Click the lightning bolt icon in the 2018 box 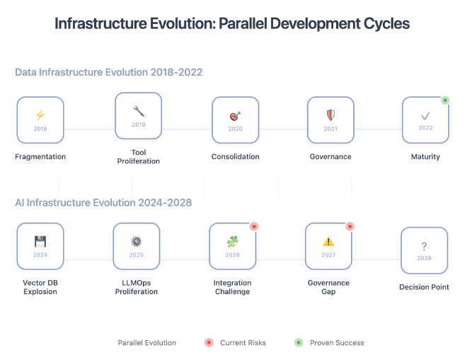pos(40,115)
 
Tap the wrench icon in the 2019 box pos(138,110)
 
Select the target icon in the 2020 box pos(235,115)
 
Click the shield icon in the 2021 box pos(330,115)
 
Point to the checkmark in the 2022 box pos(425,115)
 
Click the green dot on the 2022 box pos(445,100)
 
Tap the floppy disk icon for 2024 pos(40,241)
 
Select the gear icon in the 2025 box pos(137,241)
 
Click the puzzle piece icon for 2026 pos(233,241)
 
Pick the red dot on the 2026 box pos(253,226)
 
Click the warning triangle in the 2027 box pos(328,241)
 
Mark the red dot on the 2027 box pos(349,226)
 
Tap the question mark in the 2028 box pos(424,245)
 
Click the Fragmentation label pos(40,156)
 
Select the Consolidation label pos(235,156)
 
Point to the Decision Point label pos(424,287)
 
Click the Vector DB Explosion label pos(40,287)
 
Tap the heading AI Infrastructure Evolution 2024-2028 pos(103,202)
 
